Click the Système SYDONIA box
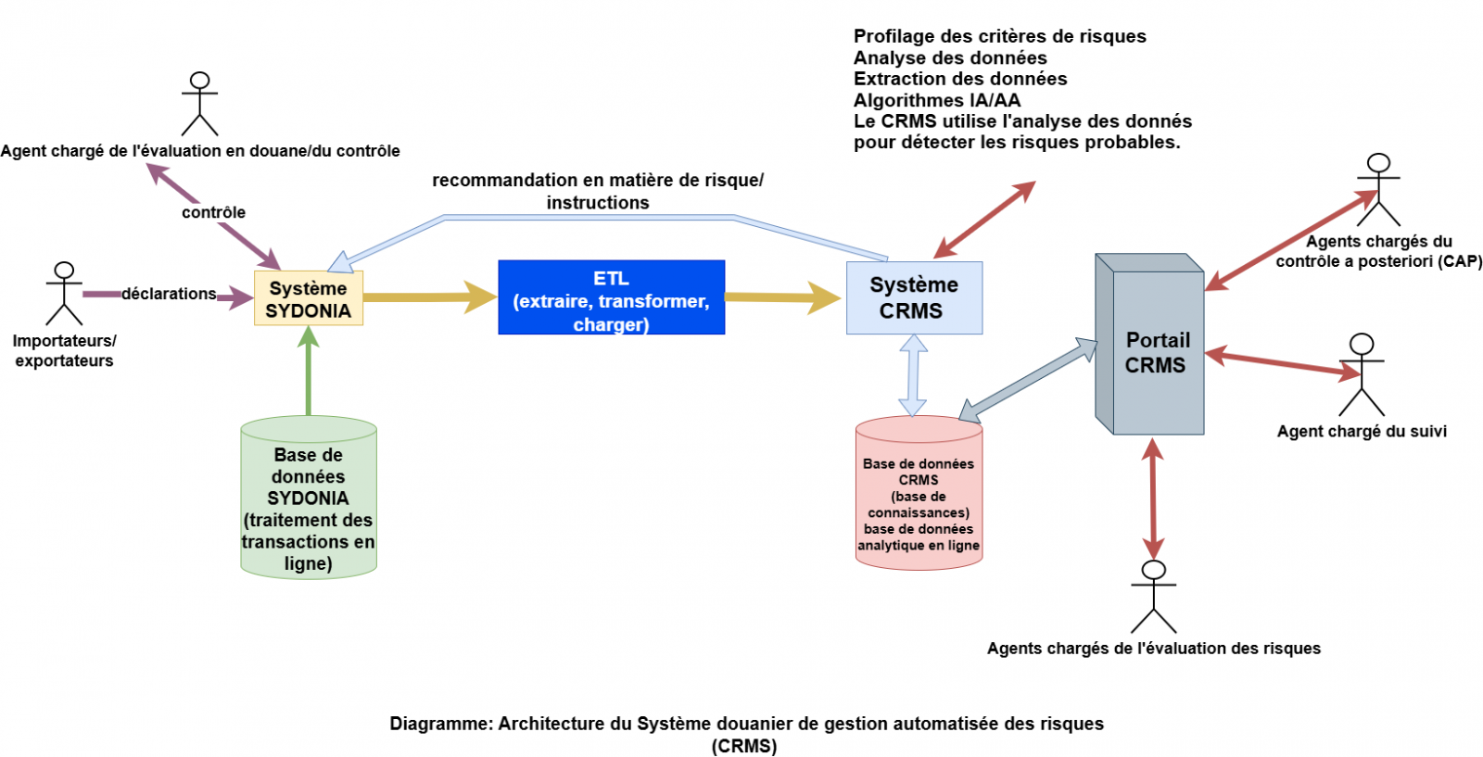[309, 298]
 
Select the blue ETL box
[611, 297]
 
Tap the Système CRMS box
[914, 297]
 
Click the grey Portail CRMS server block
[1154, 352]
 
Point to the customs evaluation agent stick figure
[199, 104]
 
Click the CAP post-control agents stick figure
[1379, 189]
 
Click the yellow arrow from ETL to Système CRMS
[782, 297]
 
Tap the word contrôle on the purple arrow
[213, 212]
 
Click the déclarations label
[169, 294]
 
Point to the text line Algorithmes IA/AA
[936, 100]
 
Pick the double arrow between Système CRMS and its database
[913, 374]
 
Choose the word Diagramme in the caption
[440, 724]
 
